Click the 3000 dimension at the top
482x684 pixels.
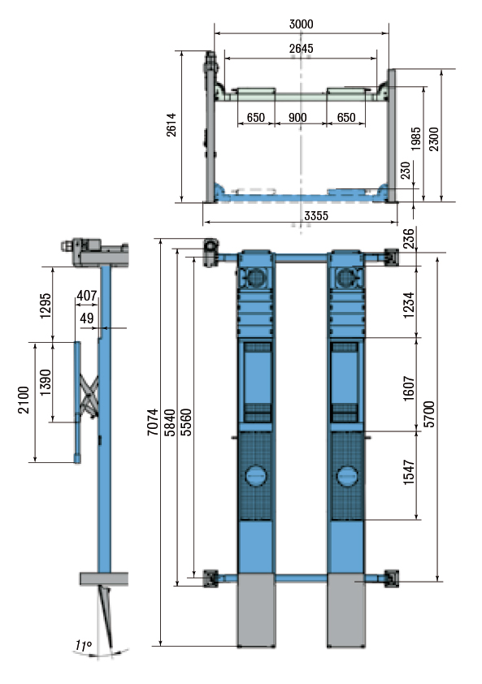click(302, 24)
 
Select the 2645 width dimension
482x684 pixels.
click(302, 49)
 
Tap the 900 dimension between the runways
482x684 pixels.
click(297, 117)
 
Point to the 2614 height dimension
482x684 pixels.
click(172, 125)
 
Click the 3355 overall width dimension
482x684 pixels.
click(316, 215)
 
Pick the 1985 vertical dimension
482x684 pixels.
click(415, 139)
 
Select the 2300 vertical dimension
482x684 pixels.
click(433, 139)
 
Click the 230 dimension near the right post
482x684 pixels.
click(406, 170)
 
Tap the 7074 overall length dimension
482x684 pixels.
click(152, 422)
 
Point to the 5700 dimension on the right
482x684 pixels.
click(430, 414)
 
